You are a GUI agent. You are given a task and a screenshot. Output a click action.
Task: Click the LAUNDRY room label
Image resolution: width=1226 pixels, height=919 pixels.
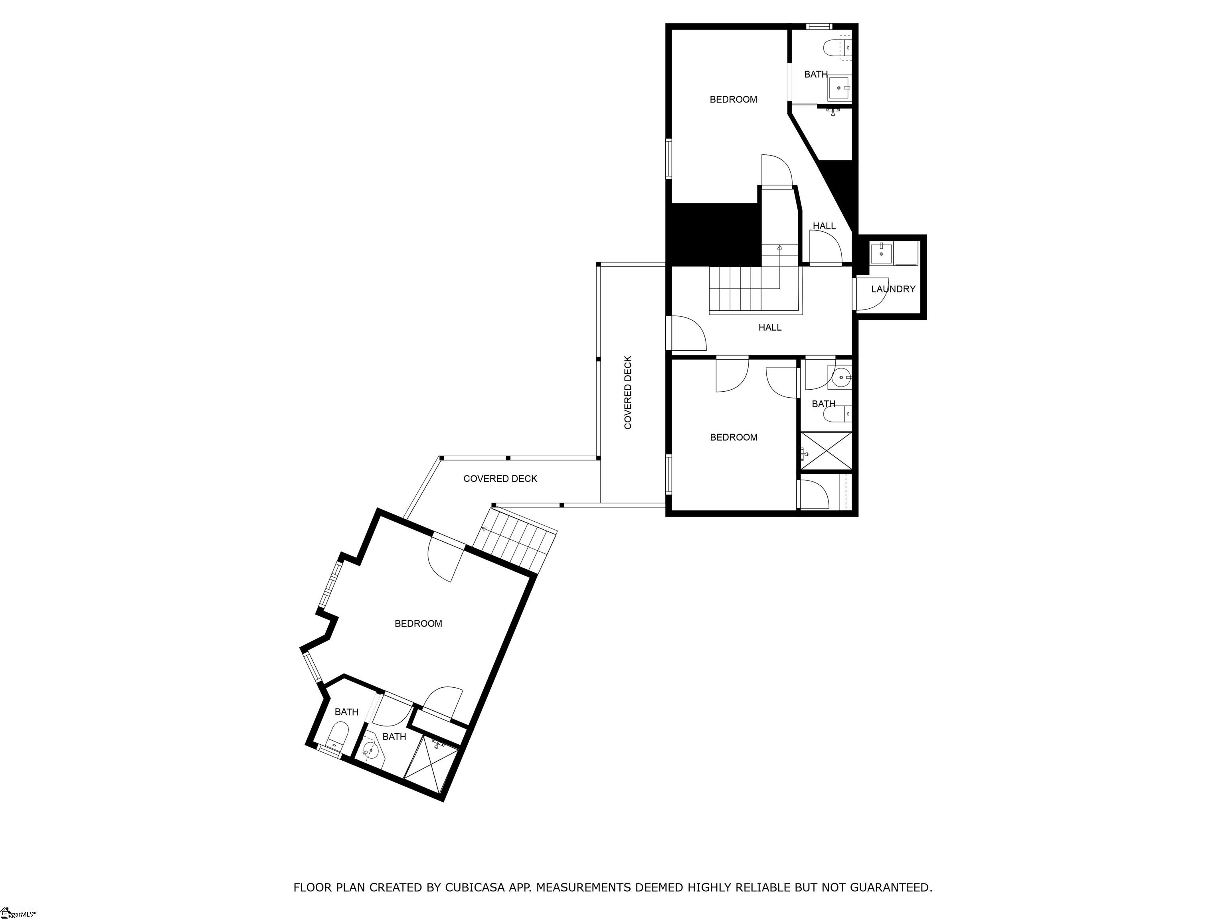click(x=893, y=289)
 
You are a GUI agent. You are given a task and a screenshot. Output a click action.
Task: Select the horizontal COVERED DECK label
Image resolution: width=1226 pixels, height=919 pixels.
click(x=500, y=479)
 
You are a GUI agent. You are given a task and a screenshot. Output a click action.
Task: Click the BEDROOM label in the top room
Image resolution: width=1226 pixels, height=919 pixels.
click(x=733, y=100)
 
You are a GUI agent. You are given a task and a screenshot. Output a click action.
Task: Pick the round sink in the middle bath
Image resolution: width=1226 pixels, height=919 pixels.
click(x=841, y=377)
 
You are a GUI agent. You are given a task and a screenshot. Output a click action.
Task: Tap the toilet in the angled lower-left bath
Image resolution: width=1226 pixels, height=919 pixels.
click(x=336, y=737)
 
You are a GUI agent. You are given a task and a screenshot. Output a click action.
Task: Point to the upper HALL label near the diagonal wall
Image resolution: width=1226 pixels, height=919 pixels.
click(x=824, y=226)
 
